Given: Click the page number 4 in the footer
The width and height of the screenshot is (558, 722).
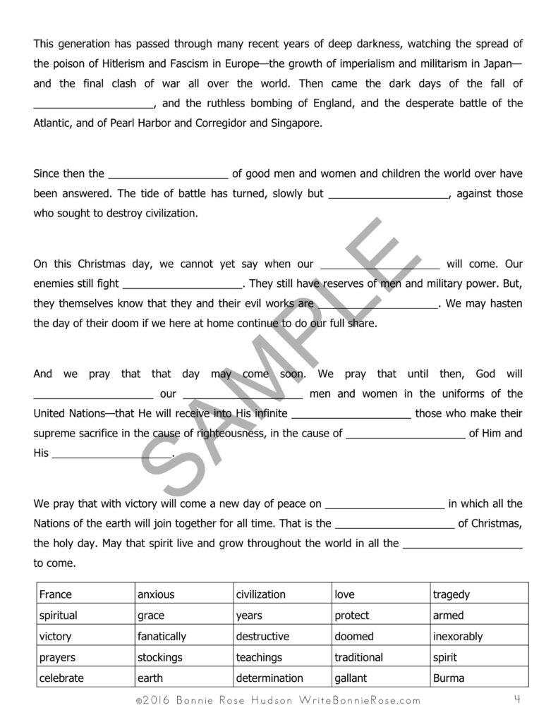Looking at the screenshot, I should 518,699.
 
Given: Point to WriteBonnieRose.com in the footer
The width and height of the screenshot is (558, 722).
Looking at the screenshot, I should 360,700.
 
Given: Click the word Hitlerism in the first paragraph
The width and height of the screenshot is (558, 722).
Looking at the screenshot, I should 123,62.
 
